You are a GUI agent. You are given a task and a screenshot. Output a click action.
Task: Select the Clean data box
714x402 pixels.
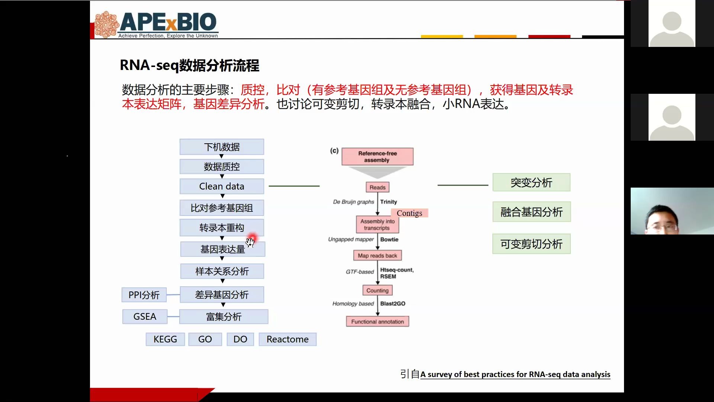pyautogui.click(x=222, y=186)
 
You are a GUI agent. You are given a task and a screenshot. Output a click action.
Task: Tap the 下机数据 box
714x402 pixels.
pyautogui.click(x=222, y=147)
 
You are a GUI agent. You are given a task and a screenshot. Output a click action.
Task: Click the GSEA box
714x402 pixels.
pyautogui.click(x=145, y=317)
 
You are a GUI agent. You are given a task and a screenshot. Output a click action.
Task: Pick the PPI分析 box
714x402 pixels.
pyautogui.click(x=144, y=295)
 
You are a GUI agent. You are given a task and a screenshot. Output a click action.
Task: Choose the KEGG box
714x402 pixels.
pyautogui.click(x=165, y=339)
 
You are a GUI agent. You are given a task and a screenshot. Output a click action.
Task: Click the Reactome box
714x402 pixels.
pyautogui.click(x=287, y=339)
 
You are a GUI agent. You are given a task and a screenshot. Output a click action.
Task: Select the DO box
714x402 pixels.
pyautogui.click(x=240, y=339)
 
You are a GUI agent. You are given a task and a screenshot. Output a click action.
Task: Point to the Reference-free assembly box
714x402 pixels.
pyautogui.click(x=377, y=157)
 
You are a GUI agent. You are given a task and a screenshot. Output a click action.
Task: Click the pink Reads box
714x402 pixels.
pyautogui.click(x=377, y=188)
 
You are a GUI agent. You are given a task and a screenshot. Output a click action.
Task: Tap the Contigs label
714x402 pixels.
pyautogui.click(x=409, y=213)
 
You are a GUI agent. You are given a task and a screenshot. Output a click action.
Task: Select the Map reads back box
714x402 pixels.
pyautogui.click(x=377, y=256)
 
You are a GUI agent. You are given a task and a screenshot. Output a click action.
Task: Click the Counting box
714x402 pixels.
pyautogui.click(x=377, y=291)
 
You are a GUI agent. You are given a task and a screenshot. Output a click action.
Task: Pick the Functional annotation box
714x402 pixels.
pyautogui.click(x=377, y=322)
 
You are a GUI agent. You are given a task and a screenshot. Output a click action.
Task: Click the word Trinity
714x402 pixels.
pyautogui.click(x=389, y=202)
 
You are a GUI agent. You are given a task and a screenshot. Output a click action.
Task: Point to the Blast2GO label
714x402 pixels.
pyautogui.click(x=393, y=304)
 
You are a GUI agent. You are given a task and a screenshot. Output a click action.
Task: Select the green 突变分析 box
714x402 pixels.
pyautogui.click(x=531, y=183)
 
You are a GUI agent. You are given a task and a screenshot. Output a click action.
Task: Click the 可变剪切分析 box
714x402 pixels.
pyautogui.click(x=531, y=244)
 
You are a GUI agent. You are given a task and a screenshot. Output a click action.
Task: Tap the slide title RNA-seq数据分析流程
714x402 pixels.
pyautogui.click(x=189, y=66)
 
